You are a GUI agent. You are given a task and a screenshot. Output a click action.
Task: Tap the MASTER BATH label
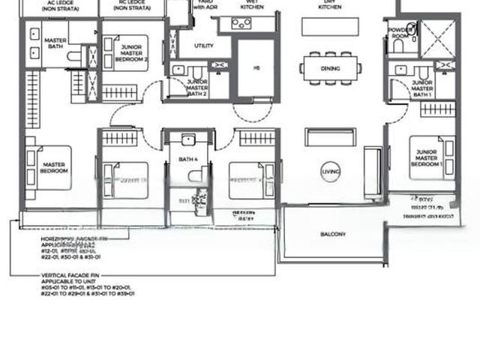point(54,43)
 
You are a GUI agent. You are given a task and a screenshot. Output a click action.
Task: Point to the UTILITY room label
point(203,46)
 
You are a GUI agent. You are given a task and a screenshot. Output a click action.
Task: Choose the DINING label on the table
point(330,68)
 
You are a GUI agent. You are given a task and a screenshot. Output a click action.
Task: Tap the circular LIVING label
point(330,172)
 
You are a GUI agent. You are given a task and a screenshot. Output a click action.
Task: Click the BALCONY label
point(333,235)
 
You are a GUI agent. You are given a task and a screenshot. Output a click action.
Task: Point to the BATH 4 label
point(187,159)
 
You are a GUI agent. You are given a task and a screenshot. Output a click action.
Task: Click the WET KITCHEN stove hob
point(241,23)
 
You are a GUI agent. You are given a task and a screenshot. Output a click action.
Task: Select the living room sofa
point(330,137)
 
